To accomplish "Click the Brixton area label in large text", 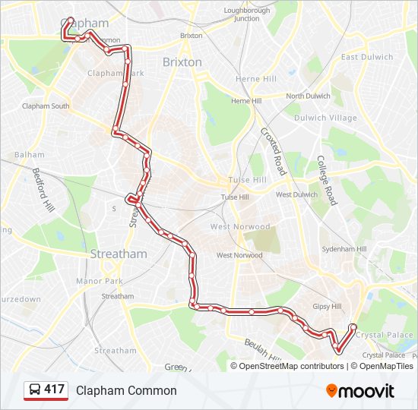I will (182, 62).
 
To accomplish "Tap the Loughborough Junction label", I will (246, 14).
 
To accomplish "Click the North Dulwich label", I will (308, 96).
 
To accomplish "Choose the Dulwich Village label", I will (325, 118).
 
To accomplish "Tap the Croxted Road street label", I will (273, 151).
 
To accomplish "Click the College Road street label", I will (326, 181).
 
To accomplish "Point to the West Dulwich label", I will (296, 195).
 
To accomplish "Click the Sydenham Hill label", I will (344, 248).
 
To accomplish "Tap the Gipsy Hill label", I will (328, 306).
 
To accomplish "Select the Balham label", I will (29, 155).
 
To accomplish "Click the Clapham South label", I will (46, 106).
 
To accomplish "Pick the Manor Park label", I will (100, 281).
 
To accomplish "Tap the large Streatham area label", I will (119, 254).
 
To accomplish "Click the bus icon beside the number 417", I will (35, 390).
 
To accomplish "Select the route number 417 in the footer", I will (54, 390).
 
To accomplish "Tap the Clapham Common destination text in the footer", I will (126, 391).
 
